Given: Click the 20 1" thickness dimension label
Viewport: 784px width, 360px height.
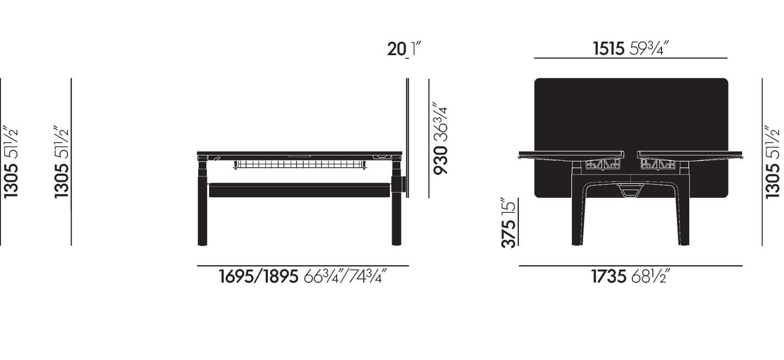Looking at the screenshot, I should (x=404, y=49).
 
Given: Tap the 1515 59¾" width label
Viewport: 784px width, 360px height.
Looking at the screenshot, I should (x=630, y=49).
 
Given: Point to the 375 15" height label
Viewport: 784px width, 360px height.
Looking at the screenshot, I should (x=508, y=223).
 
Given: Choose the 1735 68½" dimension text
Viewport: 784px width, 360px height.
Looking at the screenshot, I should (x=630, y=277).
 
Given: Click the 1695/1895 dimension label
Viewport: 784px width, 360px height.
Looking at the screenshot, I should (x=303, y=277).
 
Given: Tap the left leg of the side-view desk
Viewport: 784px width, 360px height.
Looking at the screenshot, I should (x=203, y=207).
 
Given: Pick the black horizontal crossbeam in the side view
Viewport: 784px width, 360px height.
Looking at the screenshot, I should (x=299, y=190).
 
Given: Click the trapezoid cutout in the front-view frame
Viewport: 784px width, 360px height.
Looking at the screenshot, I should (x=631, y=190).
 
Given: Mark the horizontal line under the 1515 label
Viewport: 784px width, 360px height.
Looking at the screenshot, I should (x=630, y=58).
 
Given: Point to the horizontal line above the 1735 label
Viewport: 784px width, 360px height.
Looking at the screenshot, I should (x=630, y=266).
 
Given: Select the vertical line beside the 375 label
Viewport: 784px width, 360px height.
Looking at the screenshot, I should (x=518, y=222).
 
